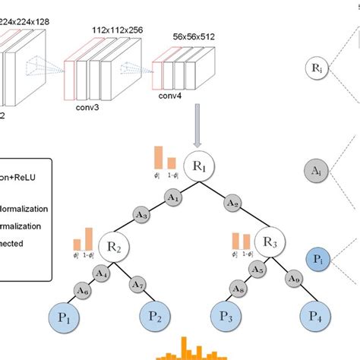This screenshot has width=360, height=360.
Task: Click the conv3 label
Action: pos(90,109)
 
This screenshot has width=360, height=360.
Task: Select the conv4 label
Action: pos(172,96)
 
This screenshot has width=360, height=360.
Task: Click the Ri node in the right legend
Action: pos(316,68)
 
